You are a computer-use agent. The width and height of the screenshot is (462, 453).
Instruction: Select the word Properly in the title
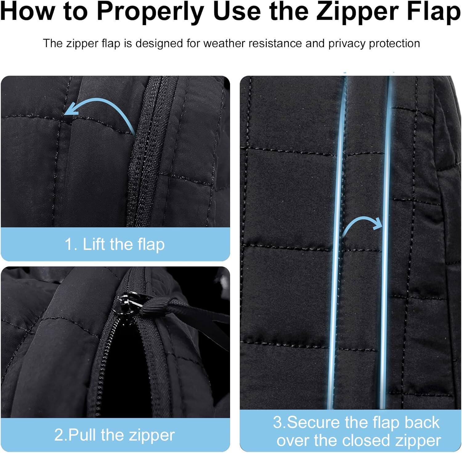(x=150, y=12)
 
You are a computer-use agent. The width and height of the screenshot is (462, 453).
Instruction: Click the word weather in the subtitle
(x=225, y=43)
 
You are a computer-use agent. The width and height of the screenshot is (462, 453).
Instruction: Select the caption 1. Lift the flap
(x=115, y=244)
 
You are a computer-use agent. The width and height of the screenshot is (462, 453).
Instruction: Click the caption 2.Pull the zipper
(x=115, y=435)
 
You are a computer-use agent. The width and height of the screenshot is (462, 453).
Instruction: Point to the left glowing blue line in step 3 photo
(x=338, y=246)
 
